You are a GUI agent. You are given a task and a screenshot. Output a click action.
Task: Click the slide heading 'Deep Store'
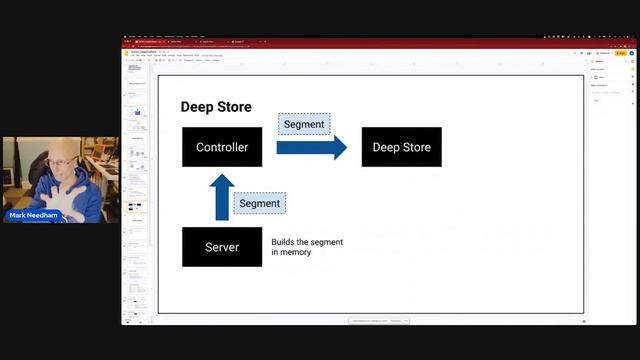(216, 107)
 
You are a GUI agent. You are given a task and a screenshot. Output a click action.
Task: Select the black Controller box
(222, 147)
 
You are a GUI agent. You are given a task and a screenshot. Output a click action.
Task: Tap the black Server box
(222, 247)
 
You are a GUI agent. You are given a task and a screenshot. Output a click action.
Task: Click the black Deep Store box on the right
(401, 147)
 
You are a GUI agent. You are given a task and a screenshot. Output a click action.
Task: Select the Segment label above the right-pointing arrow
(304, 123)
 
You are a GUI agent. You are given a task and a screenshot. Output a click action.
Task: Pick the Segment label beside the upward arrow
(260, 203)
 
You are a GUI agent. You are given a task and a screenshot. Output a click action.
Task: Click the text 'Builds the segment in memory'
(306, 247)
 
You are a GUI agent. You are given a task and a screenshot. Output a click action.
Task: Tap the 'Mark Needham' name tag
(33, 216)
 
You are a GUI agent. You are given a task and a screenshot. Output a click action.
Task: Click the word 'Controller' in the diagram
(222, 147)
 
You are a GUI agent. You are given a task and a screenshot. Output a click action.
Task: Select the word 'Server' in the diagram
(222, 247)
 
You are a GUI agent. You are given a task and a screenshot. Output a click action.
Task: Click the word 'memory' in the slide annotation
(297, 252)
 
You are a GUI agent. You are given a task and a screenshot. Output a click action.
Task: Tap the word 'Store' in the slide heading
(235, 107)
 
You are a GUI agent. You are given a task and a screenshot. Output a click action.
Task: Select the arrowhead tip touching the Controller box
(222, 175)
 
